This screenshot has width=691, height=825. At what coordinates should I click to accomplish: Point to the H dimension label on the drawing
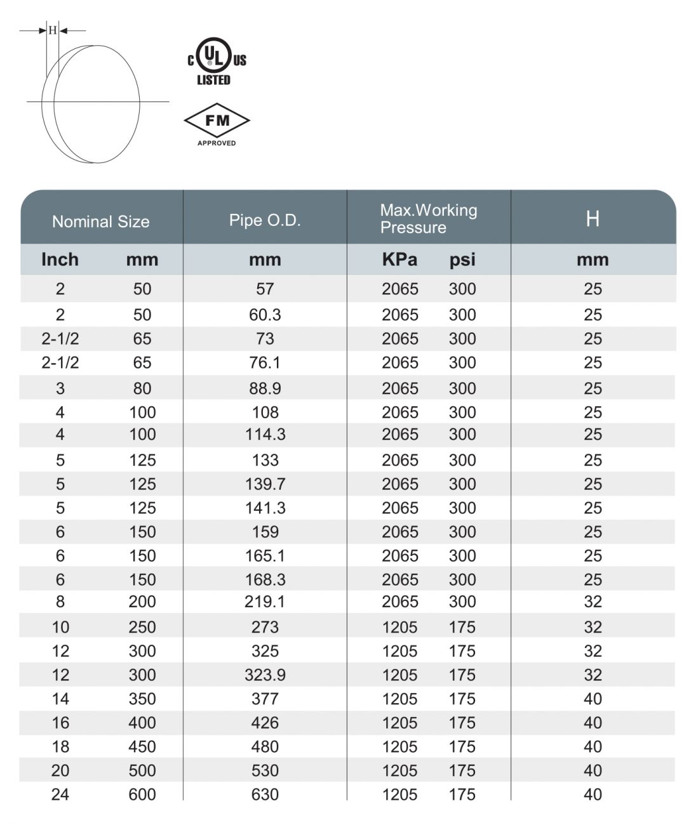pos(53,30)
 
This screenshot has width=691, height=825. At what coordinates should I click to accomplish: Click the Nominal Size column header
pos(101,221)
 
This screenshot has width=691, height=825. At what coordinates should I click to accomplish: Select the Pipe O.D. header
pos(265,220)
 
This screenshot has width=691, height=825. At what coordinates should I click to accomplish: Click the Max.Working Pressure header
pos(428,219)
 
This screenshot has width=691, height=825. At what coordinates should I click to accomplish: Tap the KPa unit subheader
pos(399,260)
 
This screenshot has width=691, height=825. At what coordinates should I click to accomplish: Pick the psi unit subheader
pos(462,260)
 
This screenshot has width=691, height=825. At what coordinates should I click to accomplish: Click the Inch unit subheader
pos(60,260)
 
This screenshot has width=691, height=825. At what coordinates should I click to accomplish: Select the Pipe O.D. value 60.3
pos(265,315)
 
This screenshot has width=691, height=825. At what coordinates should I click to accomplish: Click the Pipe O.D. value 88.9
pos(265,388)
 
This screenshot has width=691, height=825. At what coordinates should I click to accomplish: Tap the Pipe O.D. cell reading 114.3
pos(265,435)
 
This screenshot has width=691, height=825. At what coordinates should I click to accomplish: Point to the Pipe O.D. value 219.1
pos(265,602)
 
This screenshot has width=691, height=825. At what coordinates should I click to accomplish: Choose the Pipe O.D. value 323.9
pos(265,675)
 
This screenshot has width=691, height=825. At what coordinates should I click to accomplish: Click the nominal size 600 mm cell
pos(142,795)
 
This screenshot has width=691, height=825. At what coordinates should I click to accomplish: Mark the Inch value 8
pos(60,602)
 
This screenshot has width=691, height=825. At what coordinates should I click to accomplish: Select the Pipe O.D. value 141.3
pos(265,508)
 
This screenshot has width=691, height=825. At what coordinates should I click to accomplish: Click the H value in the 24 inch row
pos(593,795)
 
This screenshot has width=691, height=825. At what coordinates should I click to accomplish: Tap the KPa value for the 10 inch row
pos(399,628)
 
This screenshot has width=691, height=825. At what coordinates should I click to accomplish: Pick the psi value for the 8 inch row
pos(462,602)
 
